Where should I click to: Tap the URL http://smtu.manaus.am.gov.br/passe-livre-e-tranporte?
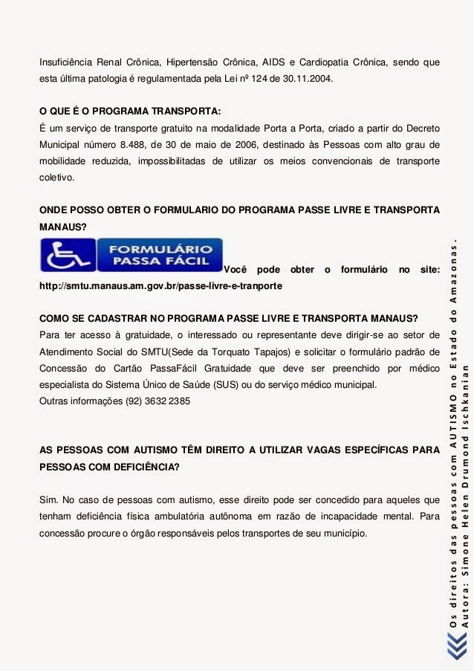160,285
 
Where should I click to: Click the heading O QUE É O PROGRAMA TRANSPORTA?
130,111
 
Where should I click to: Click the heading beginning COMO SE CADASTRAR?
229,317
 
